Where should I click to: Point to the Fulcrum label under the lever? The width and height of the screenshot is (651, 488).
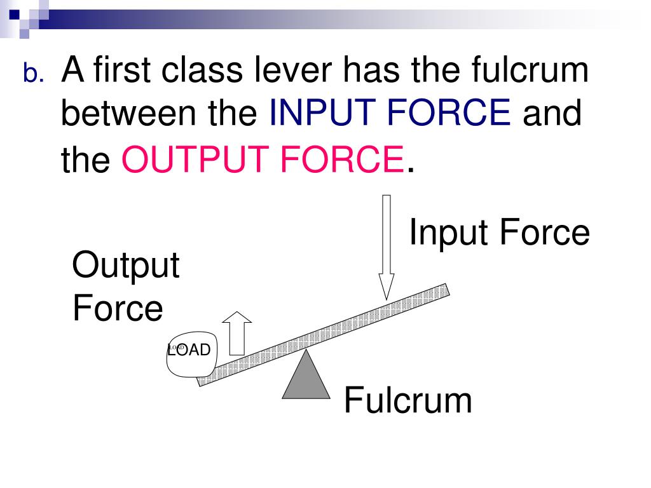408,401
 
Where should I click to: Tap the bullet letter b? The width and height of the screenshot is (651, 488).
34,75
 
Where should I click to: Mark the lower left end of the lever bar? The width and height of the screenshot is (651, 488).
202,380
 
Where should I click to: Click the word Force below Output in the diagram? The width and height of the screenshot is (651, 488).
118,309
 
